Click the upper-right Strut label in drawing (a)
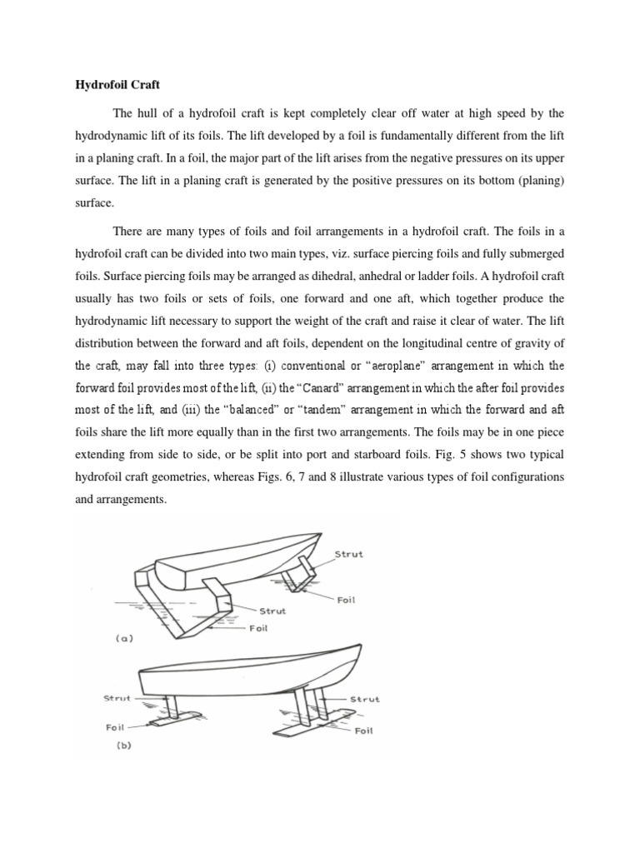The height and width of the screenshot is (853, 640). click(x=348, y=554)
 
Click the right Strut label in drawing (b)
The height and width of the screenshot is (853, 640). click(x=365, y=699)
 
